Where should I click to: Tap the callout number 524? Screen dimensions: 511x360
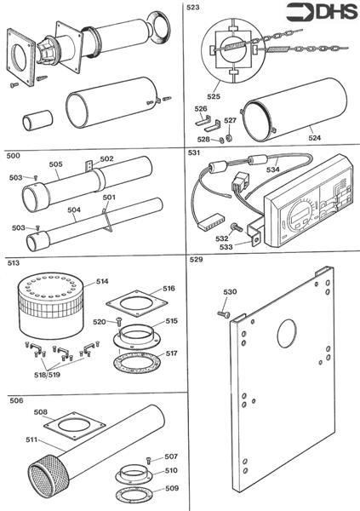coord(315,136)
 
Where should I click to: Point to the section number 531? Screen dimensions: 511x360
coord(195,154)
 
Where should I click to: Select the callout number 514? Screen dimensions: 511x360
coord(102,280)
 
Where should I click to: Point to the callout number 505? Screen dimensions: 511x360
coord(55,165)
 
